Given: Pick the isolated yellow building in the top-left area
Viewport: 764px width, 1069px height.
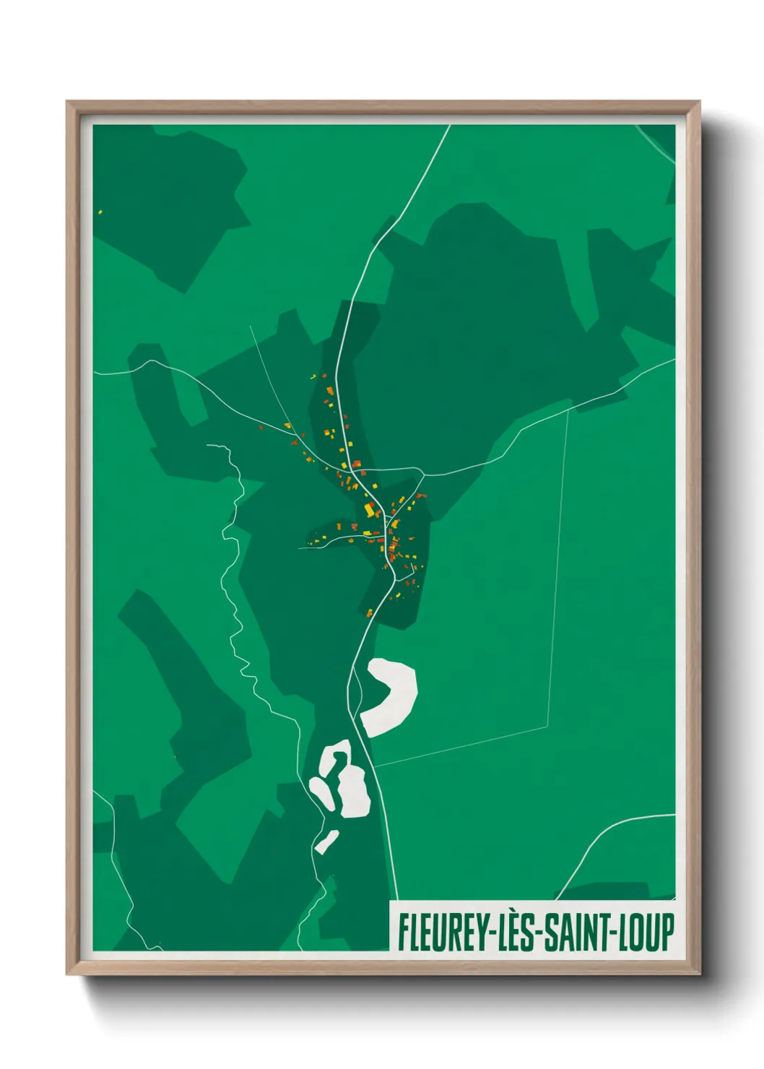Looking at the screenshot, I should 100,212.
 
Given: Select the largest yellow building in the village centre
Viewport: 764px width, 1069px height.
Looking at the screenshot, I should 369,510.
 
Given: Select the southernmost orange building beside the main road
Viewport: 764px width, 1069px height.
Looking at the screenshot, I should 370,613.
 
